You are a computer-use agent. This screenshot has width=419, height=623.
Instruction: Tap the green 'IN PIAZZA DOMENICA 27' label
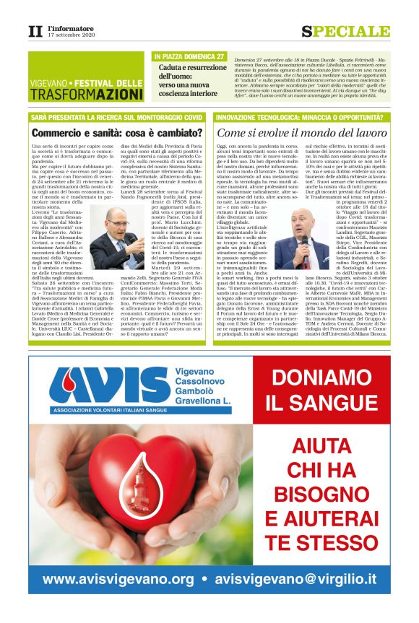click(190, 56)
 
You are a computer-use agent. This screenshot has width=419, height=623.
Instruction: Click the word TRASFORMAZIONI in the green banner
click(87, 94)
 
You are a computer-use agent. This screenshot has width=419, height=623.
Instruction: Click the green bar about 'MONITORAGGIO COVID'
click(116, 116)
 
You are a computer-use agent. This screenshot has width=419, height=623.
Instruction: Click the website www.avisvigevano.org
click(118, 579)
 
